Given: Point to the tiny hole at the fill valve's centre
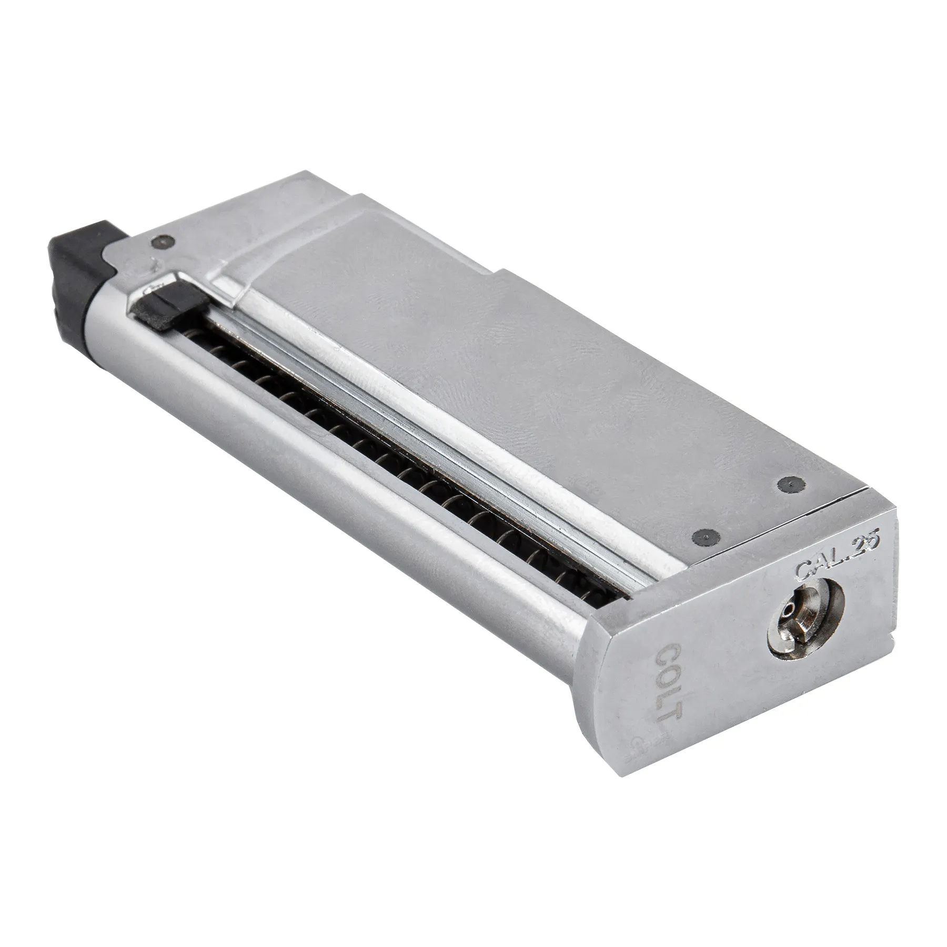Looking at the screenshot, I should (x=788, y=623).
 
